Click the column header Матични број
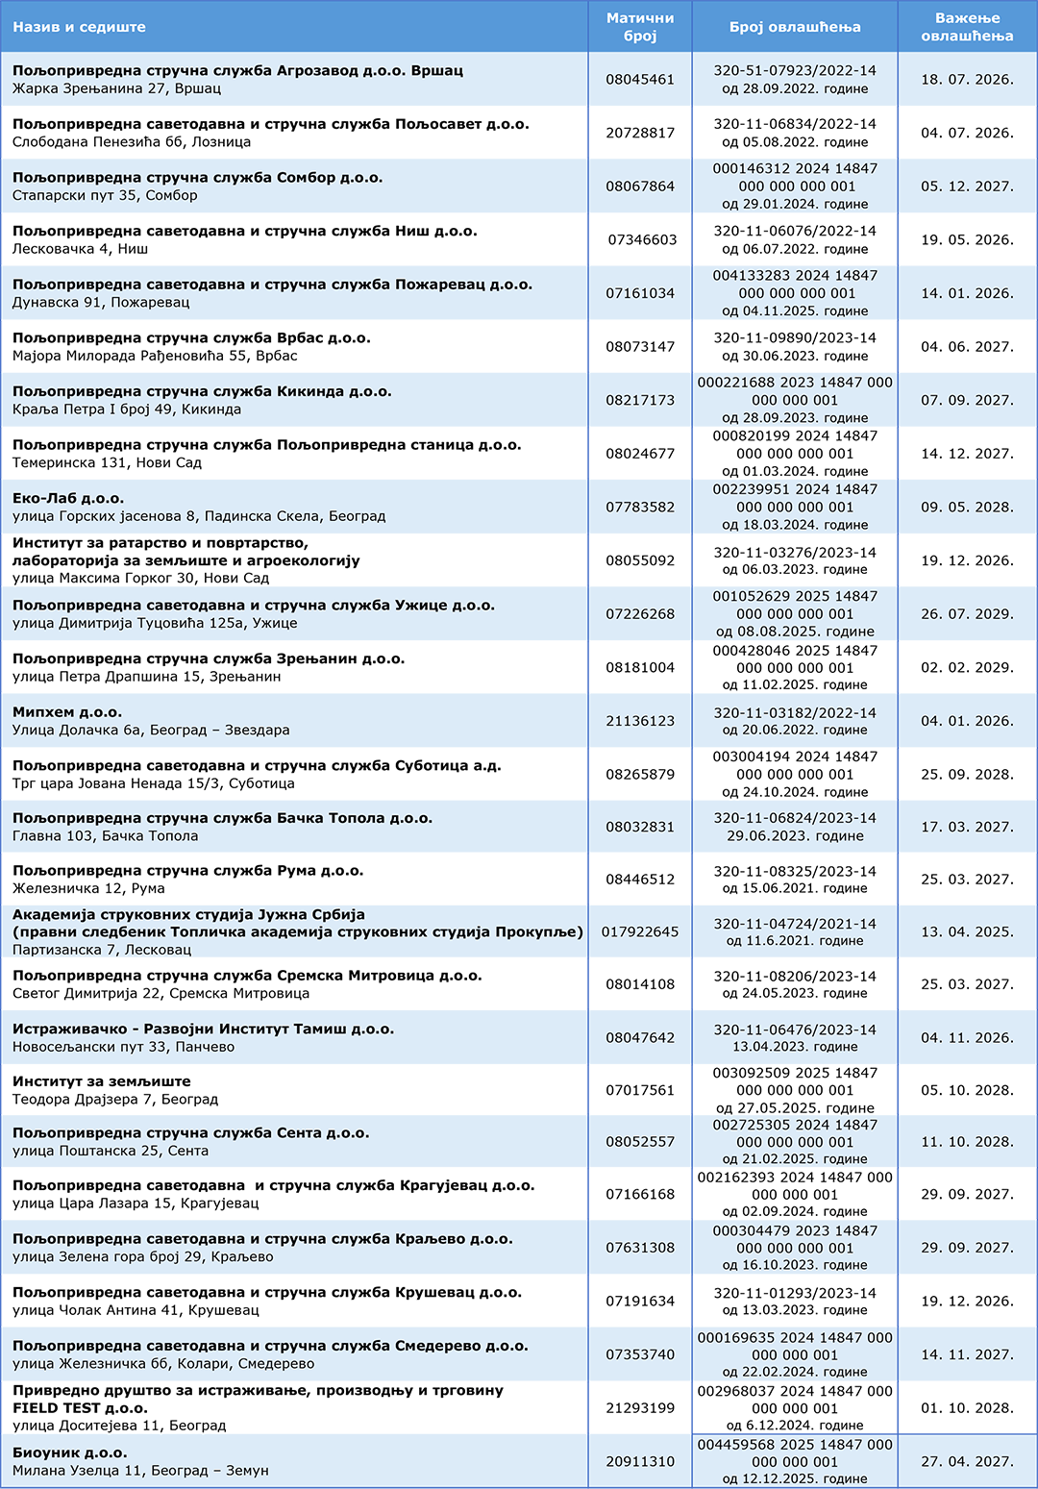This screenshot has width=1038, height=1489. pos(640,27)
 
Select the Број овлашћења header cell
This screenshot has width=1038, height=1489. pos(795,27)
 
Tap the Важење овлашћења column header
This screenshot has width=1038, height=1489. pos(967,27)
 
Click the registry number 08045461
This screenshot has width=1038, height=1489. pos(640,79)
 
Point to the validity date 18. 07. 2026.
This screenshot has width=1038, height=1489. pos(967,79)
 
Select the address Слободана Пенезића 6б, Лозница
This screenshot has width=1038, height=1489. pos(132,142)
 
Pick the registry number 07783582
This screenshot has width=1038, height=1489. pos(640,507)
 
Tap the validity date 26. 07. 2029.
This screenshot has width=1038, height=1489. pos(967,613)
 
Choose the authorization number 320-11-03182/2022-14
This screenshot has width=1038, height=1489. pos(795,713)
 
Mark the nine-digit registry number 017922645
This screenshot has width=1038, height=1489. pos(640,931)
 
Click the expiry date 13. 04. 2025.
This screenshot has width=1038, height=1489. pos(967,931)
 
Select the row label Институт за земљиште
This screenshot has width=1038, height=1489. pos(102,1081)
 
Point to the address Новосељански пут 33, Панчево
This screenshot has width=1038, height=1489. pos(123,1047)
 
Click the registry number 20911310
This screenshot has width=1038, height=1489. pos(640,1461)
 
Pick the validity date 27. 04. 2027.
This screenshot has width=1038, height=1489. pos(967,1461)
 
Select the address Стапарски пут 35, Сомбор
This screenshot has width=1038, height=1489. pos(105,195)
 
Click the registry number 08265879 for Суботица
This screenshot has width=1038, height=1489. pos(640,774)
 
